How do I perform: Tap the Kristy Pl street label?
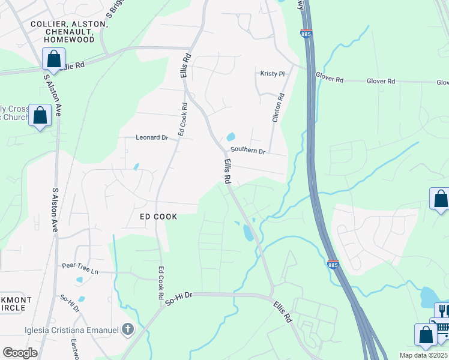[x=272, y=74]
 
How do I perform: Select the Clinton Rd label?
[x=278, y=108]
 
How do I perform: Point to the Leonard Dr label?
[x=151, y=137]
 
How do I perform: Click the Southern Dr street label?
[x=248, y=151]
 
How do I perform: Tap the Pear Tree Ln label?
[x=80, y=268]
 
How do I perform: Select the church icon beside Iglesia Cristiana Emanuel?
[x=127, y=329]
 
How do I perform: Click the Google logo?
[x=20, y=353]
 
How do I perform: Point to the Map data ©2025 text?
[x=424, y=355]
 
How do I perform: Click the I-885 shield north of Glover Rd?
[x=306, y=34]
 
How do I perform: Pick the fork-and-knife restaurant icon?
[x=443, y=310]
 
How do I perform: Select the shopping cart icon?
[x=442, y=327]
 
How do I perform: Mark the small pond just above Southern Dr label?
[x=231, y=137]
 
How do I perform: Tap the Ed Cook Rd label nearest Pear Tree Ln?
[x=161, y=284]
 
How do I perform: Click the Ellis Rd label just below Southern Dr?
[x=228, y=171]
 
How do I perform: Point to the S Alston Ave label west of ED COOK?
[x=55, y=210]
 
